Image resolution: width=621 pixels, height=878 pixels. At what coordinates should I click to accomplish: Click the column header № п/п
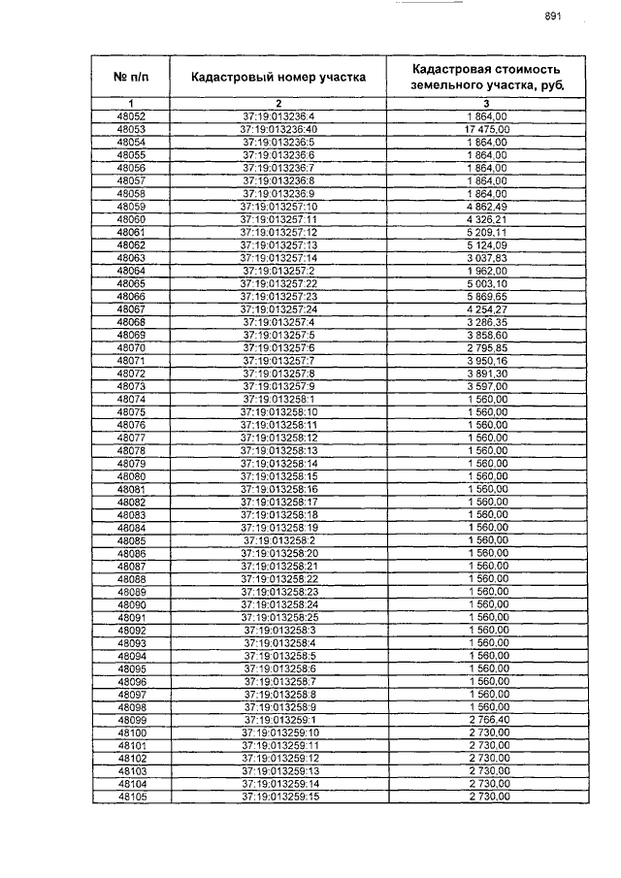(131, 76)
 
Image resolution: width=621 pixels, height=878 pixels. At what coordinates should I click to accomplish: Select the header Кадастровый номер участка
(278, 76)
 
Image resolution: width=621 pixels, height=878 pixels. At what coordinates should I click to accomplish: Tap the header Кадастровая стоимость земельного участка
(486, 77)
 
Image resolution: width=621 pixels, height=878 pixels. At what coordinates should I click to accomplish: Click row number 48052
(131, 116)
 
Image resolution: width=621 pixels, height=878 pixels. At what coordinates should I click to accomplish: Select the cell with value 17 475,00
(487, 129)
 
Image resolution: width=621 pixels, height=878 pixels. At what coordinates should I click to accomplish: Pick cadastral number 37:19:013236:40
(279, 129)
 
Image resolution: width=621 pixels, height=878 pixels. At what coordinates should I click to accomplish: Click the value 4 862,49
(487, 207)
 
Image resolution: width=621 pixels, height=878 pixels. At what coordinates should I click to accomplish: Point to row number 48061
(131, 233)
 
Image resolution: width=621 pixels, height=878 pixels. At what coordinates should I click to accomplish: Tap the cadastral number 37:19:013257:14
(279, 258)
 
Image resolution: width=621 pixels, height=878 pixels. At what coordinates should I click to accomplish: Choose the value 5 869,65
(487, 296)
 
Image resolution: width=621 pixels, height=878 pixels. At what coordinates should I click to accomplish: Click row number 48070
(131, 347)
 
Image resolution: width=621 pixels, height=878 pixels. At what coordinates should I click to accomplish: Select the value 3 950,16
(487, 360)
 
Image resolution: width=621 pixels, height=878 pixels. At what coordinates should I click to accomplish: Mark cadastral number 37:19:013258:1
(279, 399)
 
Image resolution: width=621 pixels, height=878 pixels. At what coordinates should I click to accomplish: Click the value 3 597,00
(487, 386)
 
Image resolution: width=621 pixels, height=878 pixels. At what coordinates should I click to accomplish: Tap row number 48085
(131, 540)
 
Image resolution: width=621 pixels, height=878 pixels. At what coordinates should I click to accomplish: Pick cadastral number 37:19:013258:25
(279, 617)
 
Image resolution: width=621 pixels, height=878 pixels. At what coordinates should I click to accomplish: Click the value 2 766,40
(487, 720)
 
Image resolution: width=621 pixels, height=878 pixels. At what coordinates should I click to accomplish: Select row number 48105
(131, 797)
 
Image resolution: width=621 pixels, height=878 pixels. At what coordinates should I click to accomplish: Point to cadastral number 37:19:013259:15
(279, 797)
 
